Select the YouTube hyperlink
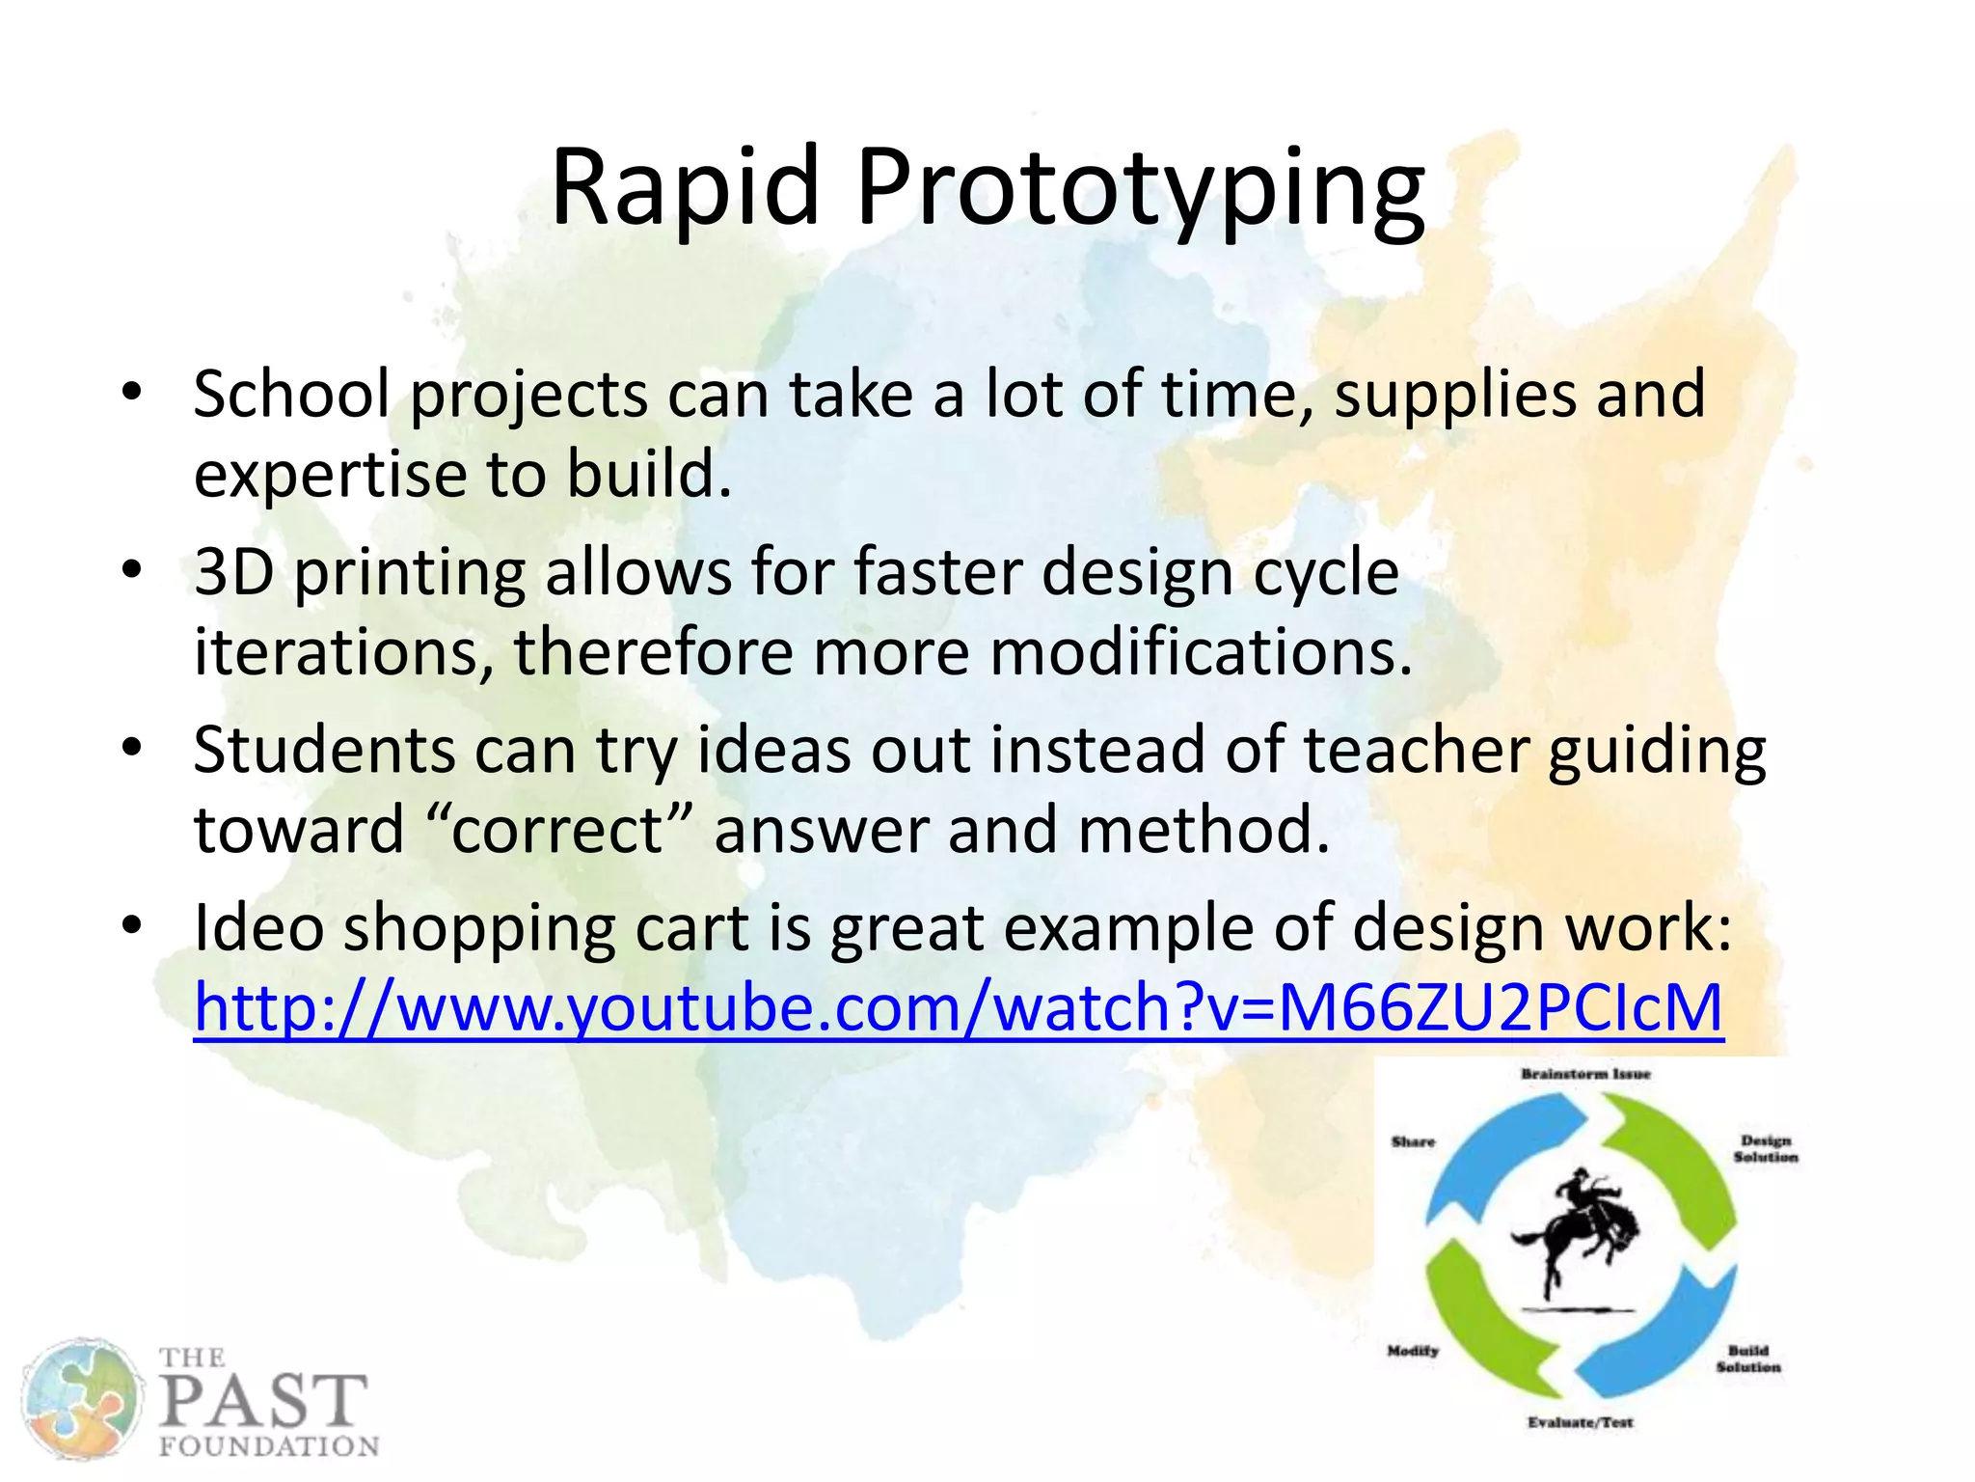[958, 1007]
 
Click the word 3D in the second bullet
[233, 572]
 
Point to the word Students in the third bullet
[324, 750]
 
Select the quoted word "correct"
[558, 830]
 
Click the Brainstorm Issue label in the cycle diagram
[1585, 1074]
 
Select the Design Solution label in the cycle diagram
[1765, 1148]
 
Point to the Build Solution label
[1747, 1358]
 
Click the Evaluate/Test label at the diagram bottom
[1580, 1422]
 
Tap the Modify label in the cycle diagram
[1413, 1351]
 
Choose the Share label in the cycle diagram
[1413, 1141]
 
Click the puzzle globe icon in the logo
[81, 1396]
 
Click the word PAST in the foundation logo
[263, 1401]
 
